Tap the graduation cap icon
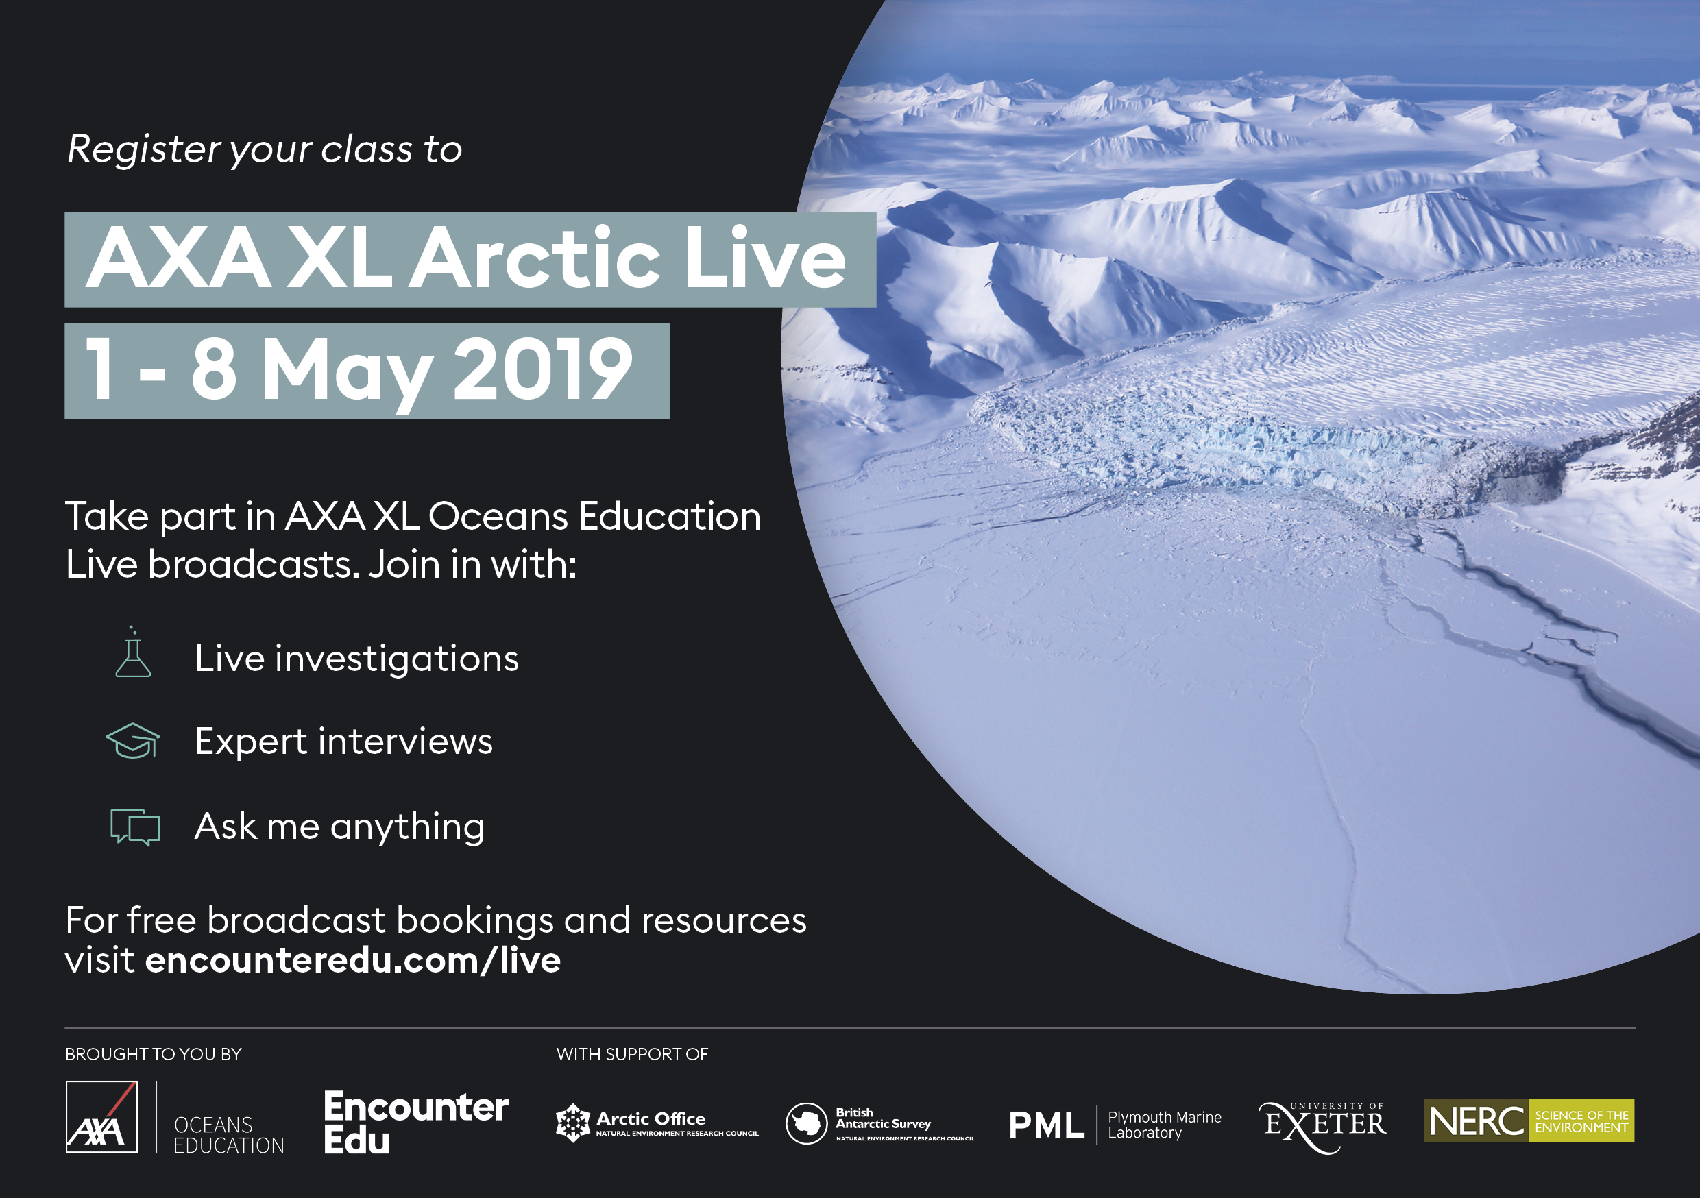132,741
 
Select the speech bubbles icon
135,827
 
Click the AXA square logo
101,1117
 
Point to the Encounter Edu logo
416,1122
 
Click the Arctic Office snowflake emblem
572,1123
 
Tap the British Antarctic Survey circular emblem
806,1123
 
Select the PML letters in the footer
1046,1125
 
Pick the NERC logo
1529,1121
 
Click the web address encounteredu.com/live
353,960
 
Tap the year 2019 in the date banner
543,369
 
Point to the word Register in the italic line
144,149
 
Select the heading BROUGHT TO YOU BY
154,1054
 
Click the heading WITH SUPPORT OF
632,1054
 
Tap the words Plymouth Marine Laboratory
1165,1125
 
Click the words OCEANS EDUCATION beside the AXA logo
229,1135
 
